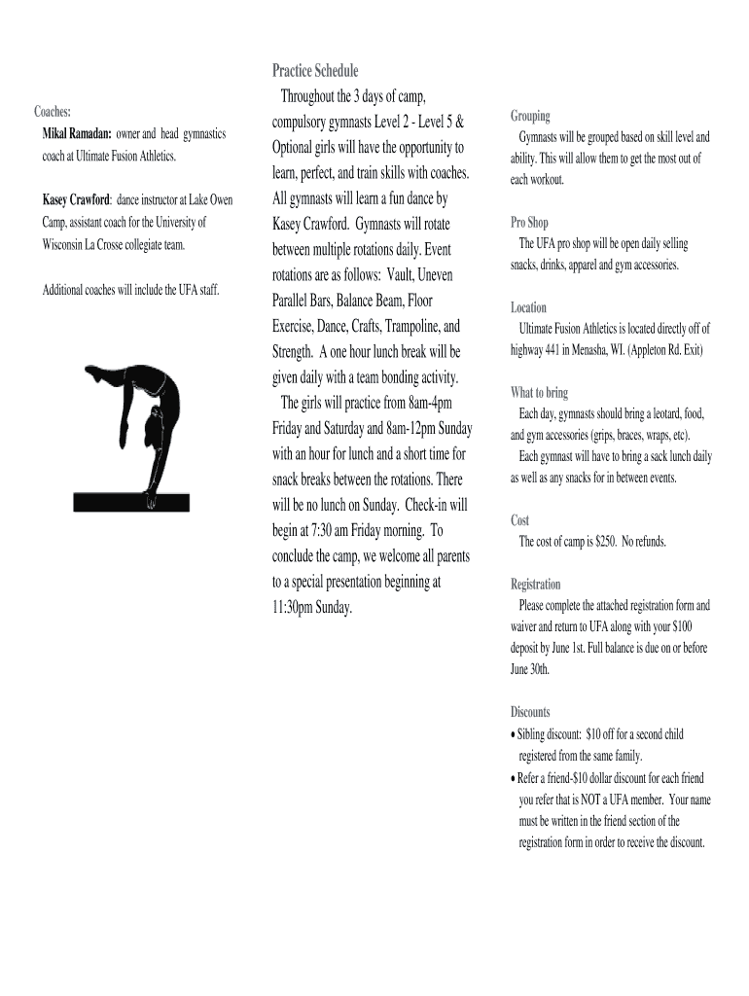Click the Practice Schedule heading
tap(315, 71)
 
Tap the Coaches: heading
tap(53, 112)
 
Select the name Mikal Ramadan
tap(76, 133)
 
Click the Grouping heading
tap(530, 116)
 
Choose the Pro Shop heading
tap(529, 223)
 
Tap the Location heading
tap(528, 307)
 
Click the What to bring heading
tap(539, 393)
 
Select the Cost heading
tap(519, 520)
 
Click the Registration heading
tap(535, 585)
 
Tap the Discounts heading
tap(530, 712)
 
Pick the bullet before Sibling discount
tap(513, 734)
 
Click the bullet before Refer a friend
tap(513, 778)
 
